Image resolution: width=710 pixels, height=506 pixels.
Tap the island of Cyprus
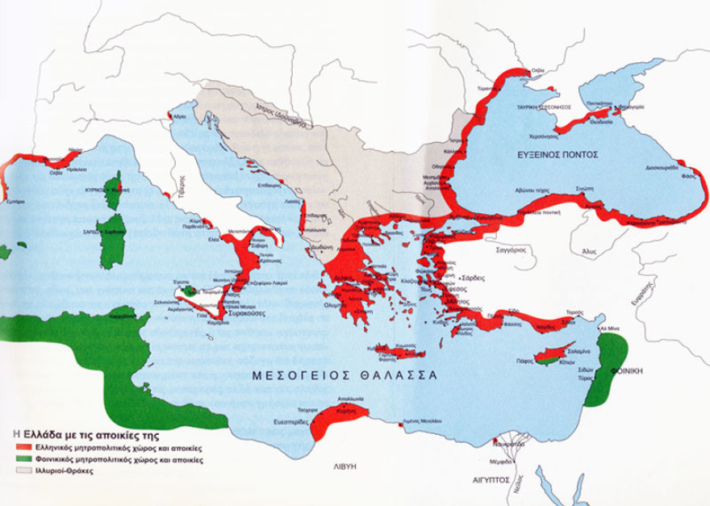557,354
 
